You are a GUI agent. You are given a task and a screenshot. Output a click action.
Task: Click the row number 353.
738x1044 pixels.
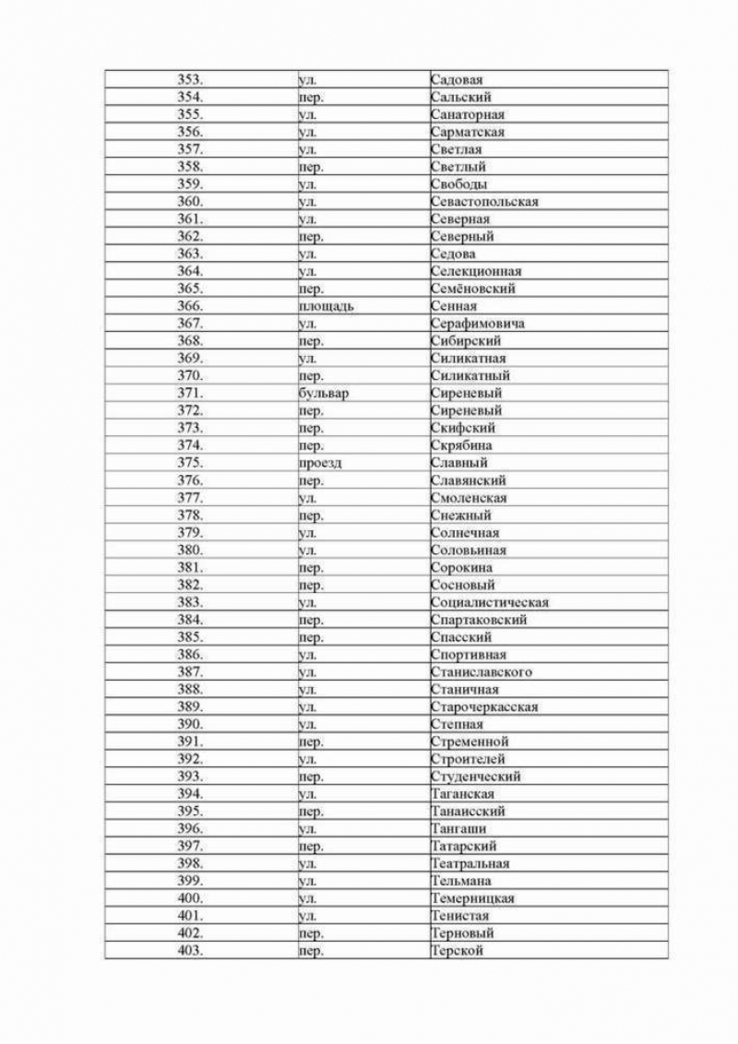coord(190,80)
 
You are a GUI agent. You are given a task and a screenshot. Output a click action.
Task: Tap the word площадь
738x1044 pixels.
coord(327,306)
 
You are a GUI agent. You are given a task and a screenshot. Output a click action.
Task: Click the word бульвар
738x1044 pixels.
coord(324,393)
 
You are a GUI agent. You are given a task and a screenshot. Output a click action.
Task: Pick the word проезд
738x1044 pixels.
coord(320,463)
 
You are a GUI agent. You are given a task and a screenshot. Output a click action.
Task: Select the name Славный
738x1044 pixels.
coord(459,463)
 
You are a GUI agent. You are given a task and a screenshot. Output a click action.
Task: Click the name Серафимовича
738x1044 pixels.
coord(478,324)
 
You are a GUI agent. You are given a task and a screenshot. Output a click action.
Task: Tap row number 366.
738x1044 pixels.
coord(190,306)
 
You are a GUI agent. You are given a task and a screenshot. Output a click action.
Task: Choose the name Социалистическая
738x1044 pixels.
coord(490,602)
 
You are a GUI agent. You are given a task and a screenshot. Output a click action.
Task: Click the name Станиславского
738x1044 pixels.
coord(481,672)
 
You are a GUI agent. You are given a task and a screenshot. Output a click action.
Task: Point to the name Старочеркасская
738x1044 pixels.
coord(484,707)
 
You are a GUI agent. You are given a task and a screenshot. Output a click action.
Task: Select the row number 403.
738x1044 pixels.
coord(190,951)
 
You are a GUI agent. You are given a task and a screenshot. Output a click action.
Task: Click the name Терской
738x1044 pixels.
coord(458,951)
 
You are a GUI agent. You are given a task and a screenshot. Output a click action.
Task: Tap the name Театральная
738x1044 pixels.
coord(470,864)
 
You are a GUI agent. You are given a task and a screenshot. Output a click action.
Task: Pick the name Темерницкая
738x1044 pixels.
coord(472,898)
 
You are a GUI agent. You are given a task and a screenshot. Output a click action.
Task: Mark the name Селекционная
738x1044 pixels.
coord(476,271)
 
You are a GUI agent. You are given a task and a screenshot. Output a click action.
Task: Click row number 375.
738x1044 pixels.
coord(190,463)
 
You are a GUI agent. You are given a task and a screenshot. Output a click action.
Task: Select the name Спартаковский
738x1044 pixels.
coord(479,620)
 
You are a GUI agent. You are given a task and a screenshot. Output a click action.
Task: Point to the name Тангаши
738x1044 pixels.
coord(458,829)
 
